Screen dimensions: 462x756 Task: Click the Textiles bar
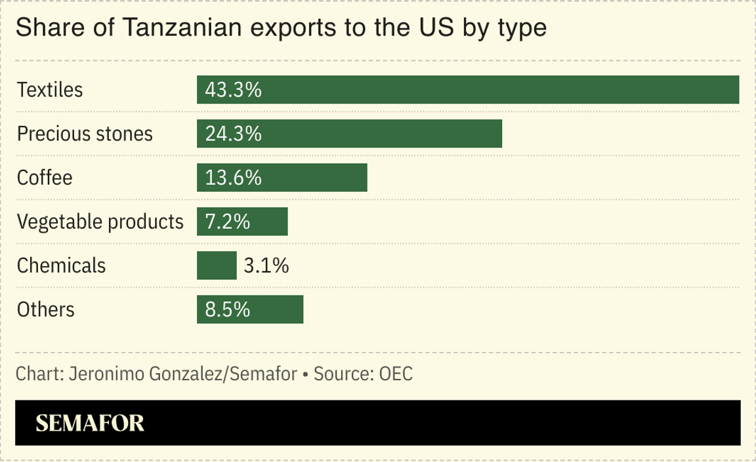[468, 90]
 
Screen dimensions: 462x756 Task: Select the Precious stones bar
[349, 134]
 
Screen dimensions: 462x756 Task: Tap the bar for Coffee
[282, 178]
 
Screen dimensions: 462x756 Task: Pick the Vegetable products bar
[242, 221]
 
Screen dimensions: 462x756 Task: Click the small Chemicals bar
[217, 265]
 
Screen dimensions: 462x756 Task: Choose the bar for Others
[250, 309]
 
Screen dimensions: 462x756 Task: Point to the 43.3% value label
[234, 90]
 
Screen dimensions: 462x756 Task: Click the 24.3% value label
[234, 134]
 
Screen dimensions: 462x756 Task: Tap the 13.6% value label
[234, 178]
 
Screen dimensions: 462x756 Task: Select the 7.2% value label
[228, 221]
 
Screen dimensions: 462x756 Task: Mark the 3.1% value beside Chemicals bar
[266, 265]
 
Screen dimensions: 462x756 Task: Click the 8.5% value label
[228, 309]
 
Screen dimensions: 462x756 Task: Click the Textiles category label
[50, 90]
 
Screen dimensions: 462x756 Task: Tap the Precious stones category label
[85, 134]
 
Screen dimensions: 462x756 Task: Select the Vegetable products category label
[100, 221]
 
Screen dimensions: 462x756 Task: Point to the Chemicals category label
[61, 265]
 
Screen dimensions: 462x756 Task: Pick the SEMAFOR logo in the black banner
[90, 423]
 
